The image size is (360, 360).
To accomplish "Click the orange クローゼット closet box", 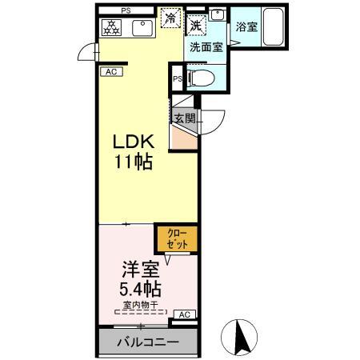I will coord(175,238).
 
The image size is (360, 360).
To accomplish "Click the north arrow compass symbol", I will coord(242,338).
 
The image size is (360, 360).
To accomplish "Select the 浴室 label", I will coord(246,28).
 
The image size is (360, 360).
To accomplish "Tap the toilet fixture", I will coord(201,78).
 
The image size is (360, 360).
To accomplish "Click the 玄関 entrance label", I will coord(185,118).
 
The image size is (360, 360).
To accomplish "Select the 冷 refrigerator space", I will coord(170,18).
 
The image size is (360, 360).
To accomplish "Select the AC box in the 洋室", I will coord(184,314).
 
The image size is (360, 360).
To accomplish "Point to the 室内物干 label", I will coord(138,304).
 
